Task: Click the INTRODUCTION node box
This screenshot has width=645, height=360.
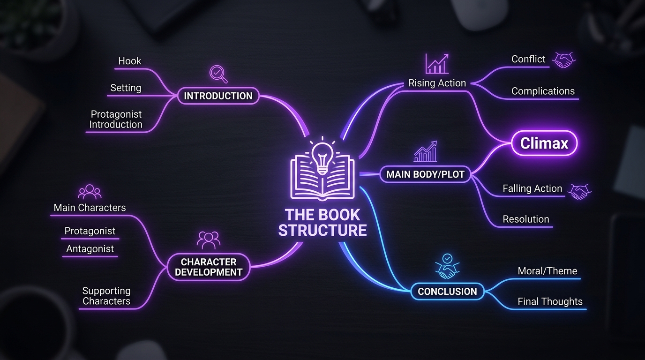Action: tap(218, 96)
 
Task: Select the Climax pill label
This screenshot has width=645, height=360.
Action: tap(544, 143)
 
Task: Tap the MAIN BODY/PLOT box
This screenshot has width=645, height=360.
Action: tap(425, 174)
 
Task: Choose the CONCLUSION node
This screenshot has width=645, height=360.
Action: tap(447, 292)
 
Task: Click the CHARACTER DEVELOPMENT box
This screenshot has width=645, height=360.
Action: tap(209, 267)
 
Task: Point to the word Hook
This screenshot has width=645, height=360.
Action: tap(129, 61)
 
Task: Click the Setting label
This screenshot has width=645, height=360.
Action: tap(126, 88)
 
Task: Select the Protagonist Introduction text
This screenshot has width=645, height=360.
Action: tap(116, 119)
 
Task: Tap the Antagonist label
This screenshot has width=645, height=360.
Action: tap(90, 248)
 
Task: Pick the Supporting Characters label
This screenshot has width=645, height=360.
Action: tap(106, 296)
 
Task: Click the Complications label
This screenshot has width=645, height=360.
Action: tap(543, 91)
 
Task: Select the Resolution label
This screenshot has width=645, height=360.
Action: tap(526, 219)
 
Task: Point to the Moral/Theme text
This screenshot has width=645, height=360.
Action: tap(547, 271)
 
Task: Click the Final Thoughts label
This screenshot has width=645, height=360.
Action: tap(550, 301)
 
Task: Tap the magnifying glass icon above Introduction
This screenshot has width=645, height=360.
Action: tap(218, 74)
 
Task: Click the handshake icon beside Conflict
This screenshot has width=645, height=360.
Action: tap(563, 60)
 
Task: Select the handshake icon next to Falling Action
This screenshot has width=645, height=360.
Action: tap(579, 192)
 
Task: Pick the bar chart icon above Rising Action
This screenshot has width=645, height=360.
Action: tap(437, 63)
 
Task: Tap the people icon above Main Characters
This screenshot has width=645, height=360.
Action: tap(90, 192)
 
